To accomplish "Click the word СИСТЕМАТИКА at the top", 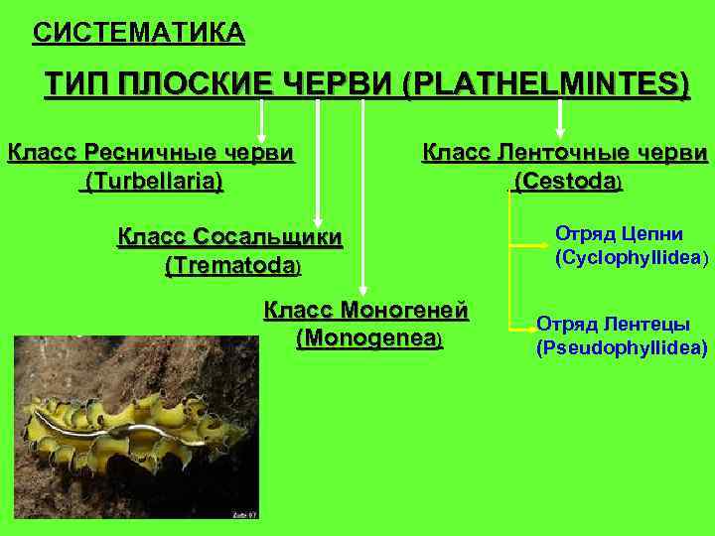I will click(x=138, y=34).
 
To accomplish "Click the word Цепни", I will click(x=650, y=234).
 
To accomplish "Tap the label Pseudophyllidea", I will click(x=622, y=348).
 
